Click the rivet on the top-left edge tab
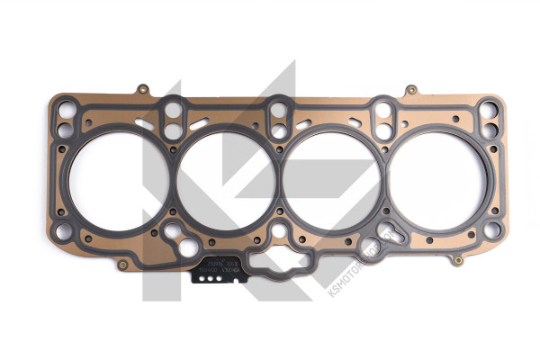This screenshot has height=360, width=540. coord(142,89)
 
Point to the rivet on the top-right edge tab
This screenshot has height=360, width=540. coord(410,90)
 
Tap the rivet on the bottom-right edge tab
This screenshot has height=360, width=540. coord(457,261)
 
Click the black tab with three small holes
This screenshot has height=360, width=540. coord(212,277)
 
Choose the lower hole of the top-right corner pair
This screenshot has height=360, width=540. coord(490,130)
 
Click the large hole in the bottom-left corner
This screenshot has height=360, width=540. coord(61,232)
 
